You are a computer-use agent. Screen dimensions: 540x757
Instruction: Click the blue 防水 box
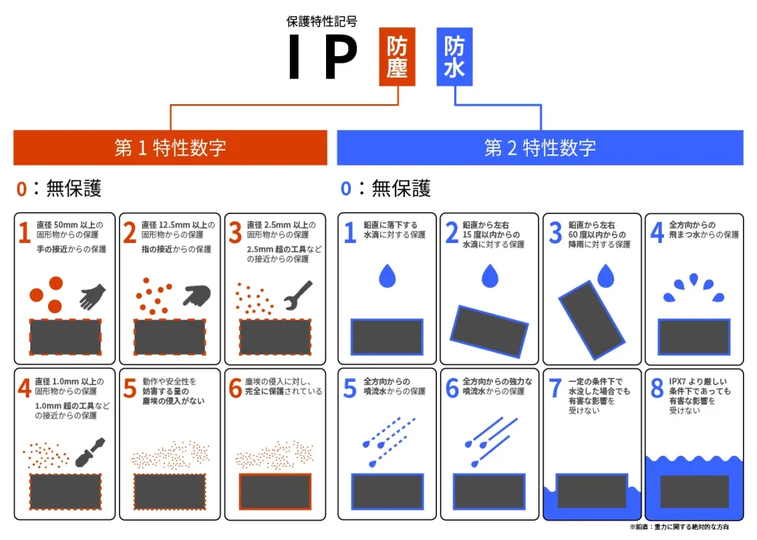tap(454, 58)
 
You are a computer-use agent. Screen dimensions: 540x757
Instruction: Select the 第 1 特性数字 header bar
tap(170, 148)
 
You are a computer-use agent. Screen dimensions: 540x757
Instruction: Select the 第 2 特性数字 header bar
tap(540, 148)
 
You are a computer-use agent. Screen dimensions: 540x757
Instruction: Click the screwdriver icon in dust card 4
tap(90, 452)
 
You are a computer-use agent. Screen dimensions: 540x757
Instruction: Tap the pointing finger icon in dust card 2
tap(197, 295)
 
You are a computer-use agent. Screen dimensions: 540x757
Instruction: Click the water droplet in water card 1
tap(387, 276)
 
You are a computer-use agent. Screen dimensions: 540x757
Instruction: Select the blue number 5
tap(350, 389)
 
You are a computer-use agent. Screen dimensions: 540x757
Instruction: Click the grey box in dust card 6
tap(275, 491)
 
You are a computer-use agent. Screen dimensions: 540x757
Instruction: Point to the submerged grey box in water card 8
tap(694, 491)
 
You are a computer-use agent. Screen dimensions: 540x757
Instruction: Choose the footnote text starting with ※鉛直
tap(679, 527)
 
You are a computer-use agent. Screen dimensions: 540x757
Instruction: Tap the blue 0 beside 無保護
tap(346, 188)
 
